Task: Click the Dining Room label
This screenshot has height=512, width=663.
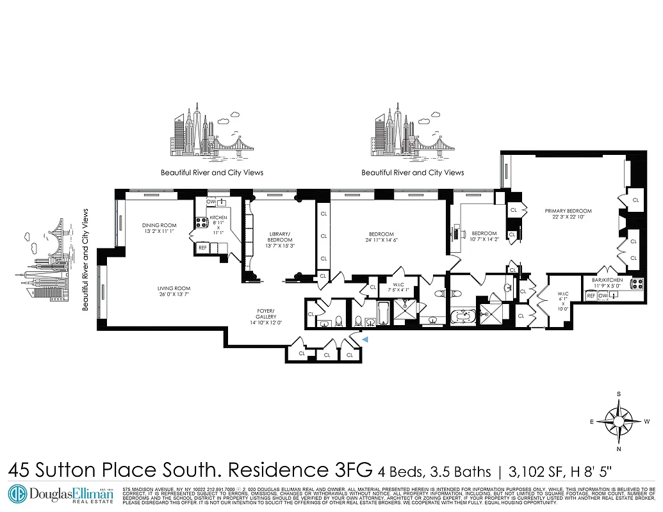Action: tap(159, 225)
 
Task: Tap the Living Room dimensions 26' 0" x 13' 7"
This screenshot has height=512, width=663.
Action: tap(174, 295)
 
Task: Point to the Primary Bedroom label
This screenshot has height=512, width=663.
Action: tap(568, 211)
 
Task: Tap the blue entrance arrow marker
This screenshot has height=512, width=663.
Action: tap(366, 340)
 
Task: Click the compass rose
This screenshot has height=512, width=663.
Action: tap(619, 421)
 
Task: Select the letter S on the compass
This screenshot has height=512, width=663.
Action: tap(619, 394)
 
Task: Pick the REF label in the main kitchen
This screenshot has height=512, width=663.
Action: tap(202, 247)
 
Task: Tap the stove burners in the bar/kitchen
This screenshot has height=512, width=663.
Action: tap(637, 284)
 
